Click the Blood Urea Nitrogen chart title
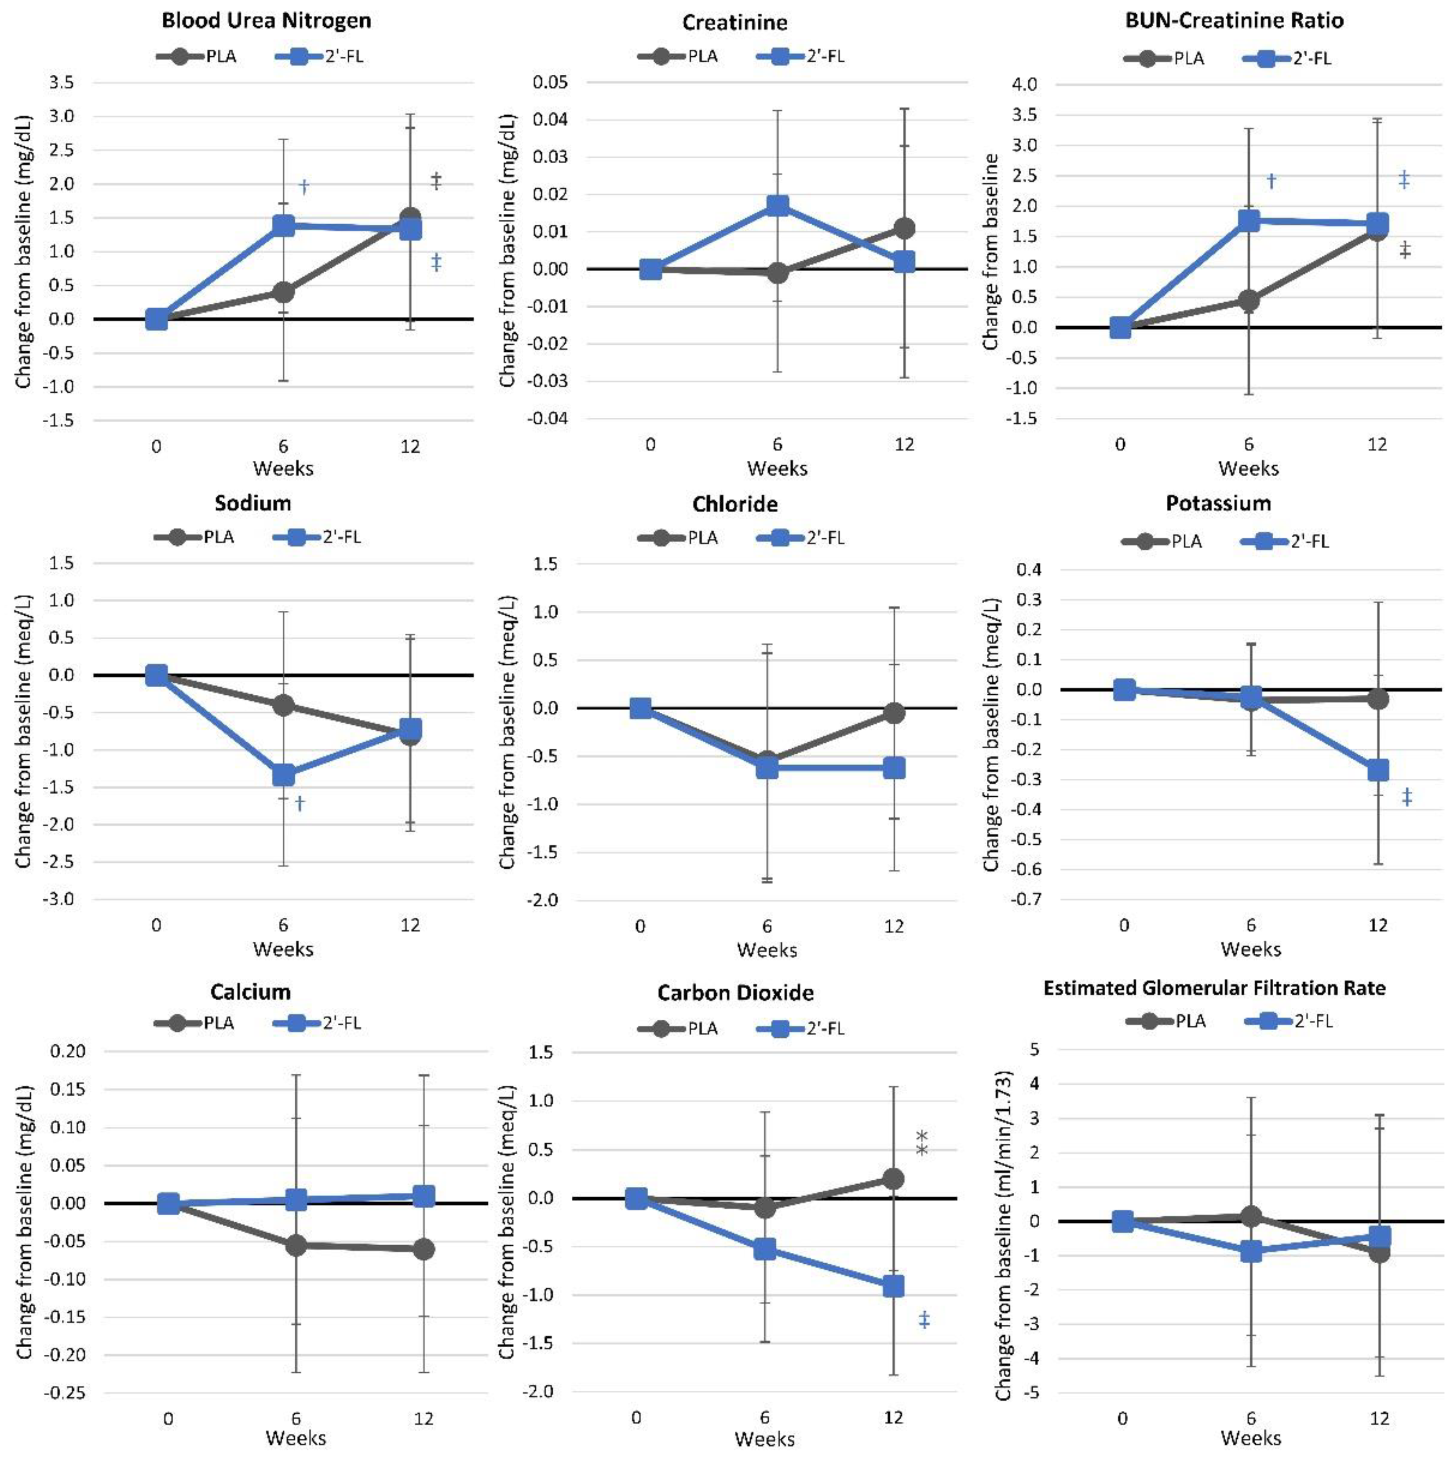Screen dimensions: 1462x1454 267,20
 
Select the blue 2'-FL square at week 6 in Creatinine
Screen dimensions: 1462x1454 777,206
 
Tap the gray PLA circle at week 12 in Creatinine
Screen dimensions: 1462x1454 904,228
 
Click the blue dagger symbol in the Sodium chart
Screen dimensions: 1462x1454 300,803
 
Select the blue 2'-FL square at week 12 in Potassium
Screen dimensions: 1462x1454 1377,770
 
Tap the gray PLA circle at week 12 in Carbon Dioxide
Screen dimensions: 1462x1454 893,1178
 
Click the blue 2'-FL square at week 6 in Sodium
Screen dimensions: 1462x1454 283,775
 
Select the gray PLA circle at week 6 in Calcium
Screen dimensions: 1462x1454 296,1245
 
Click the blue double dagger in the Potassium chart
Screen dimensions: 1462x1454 1407,797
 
